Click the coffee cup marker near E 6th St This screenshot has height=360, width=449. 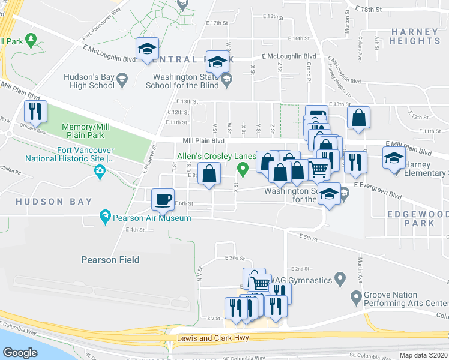tap(162, 199)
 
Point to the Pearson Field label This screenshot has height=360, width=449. tap(110, 260)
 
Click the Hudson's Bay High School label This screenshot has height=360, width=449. tap(89, 81)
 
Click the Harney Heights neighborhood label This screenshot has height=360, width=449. tap(414, 36)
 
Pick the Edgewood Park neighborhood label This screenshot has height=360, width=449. tap(411, 218)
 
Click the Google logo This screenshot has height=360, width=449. tap(20, 352)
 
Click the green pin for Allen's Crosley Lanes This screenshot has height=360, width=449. tap(243, 170)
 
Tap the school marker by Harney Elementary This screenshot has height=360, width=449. tap(394, 159)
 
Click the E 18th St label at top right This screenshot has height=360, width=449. tap(368, 10)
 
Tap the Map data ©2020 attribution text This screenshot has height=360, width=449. tap(423, 355)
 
